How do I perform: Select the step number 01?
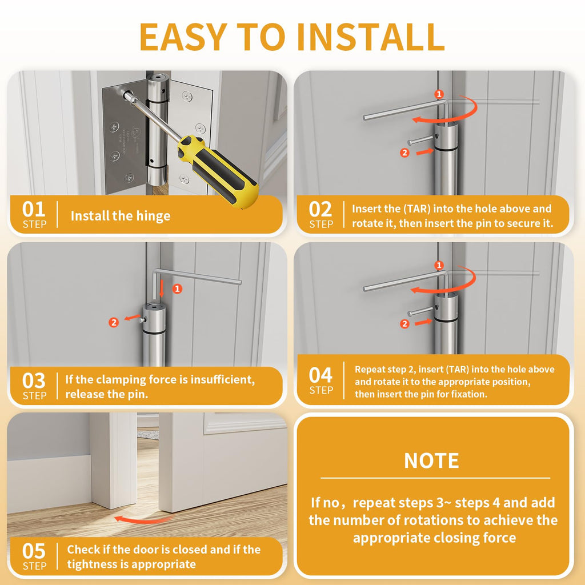click(x=34, y=209)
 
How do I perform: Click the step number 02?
click(x=320, y=209)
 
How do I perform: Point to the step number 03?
click(x=34, y=381)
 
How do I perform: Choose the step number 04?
click(x=320, y=375)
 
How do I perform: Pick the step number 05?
click(x=34, y=551)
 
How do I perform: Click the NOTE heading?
click(x=432, y=461)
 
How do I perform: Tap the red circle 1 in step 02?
click(x=439, y=94)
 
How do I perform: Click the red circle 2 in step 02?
click(x=404, y=153)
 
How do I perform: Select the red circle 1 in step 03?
click(x=178, y=289)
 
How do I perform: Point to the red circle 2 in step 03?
click(x=114, y=322)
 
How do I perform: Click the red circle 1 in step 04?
click(x=439, y=265)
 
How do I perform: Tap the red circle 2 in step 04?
click(x=404, y=324)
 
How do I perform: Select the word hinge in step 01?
click(x=153, y=216)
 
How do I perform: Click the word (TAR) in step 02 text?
click(x=417, y=209)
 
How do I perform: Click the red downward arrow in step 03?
click(x=162, y=289)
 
